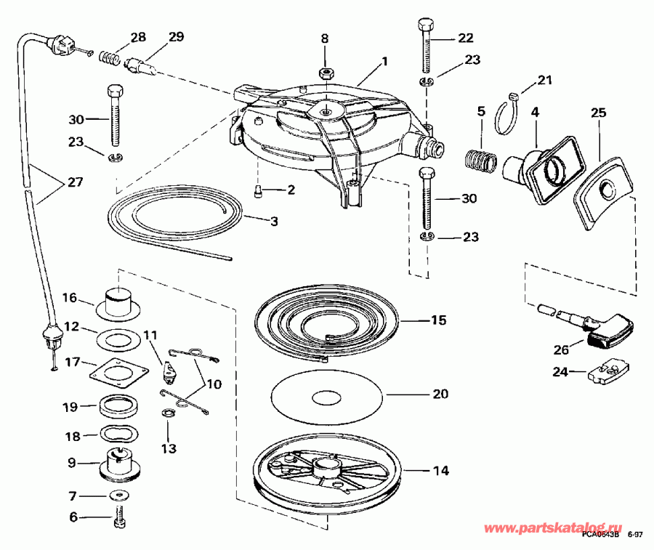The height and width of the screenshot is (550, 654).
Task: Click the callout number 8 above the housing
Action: (325, 38)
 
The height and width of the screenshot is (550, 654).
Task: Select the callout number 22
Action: (465, 38)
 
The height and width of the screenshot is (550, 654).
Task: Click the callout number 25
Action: (597, 113)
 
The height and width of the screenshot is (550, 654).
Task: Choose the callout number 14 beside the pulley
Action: (440, 471)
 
